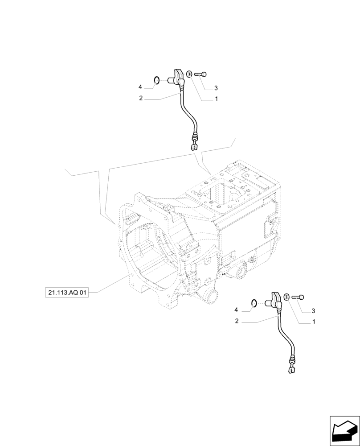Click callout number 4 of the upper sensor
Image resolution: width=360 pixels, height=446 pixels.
[139, 87]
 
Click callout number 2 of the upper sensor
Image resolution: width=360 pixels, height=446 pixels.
[141, 98]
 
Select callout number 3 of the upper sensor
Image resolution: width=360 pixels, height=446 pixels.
[216, 88]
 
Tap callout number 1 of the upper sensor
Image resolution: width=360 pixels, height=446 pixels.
[216, 99]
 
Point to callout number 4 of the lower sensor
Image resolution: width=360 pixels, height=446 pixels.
[236, 310]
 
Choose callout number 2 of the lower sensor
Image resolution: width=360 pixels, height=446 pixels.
[237, 321]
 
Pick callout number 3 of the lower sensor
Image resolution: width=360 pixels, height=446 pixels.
[313, 310]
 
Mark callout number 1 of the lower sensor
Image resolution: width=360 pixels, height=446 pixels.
[314, 322]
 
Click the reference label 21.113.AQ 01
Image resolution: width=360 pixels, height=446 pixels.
[67, 293]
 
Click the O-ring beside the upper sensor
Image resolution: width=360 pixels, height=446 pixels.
[156, 81]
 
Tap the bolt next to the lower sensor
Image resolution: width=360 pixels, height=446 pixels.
[299, 297]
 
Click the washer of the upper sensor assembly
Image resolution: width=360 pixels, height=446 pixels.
[189, 74]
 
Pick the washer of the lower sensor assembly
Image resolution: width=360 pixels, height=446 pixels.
[287, 296]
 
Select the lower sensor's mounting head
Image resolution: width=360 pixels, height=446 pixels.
[276, 299]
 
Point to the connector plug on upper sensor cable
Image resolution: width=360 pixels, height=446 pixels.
[194, 144]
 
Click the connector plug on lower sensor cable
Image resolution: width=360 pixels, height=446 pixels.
[291, 367]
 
